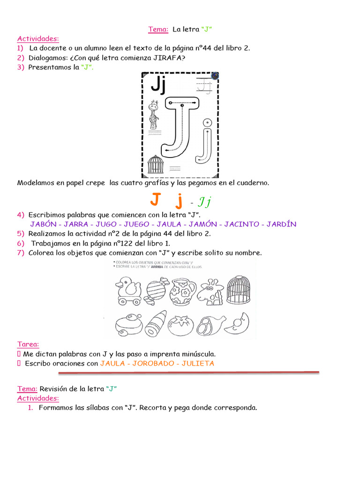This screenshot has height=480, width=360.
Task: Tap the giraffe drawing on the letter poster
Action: (153, 115)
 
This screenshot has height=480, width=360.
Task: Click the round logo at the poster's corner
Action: (215, 75)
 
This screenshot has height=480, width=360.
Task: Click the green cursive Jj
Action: (204, 202)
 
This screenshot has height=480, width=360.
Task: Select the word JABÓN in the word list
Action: (45, 224)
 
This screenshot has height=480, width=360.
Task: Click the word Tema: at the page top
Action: (158, 30)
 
